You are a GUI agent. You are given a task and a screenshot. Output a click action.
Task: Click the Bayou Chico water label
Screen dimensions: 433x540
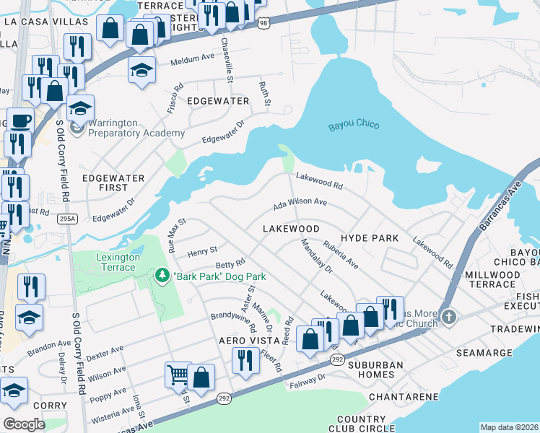click(x=354, y=125)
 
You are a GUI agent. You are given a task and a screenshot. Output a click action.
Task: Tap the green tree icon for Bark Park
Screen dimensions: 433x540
click(x=162, y=276)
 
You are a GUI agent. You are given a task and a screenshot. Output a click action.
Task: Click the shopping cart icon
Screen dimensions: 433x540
click(x=178, y=374)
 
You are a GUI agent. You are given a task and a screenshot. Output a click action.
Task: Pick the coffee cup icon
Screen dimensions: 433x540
click(x=19, y=120)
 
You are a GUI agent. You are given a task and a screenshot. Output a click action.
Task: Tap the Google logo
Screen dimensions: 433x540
click(x=24, y=424)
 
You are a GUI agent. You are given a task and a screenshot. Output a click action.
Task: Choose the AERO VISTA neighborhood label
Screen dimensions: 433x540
click(x=234, y=340)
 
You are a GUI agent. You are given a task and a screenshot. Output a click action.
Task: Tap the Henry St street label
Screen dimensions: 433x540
click(x=202, y=250)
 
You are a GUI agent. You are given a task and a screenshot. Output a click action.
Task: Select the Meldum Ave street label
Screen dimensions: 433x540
click(x=193, y=61)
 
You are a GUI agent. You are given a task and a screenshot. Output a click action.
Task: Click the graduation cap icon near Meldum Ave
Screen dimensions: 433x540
click(x=142, y=69)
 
